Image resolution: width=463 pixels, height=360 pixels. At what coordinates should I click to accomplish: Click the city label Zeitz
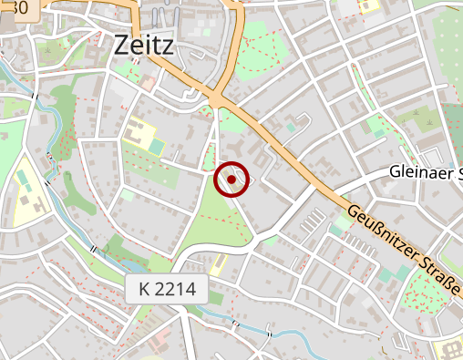144,45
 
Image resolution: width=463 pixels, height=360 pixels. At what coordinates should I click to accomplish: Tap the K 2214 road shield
168,291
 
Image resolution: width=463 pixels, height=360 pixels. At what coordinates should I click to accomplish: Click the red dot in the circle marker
231,180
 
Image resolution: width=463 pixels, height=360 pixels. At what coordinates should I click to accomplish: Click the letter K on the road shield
145,291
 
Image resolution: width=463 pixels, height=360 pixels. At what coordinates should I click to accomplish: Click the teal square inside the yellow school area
157,146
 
